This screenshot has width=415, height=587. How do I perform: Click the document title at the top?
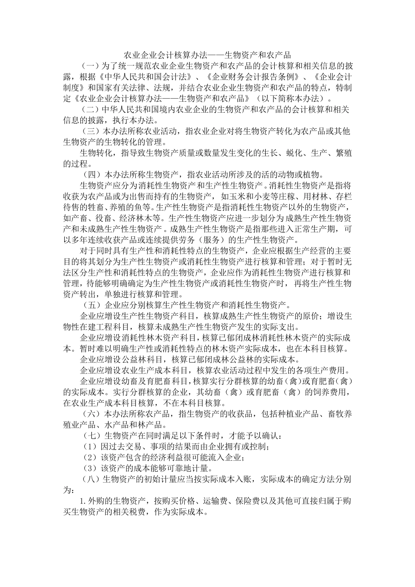click(x=207, y=55)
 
